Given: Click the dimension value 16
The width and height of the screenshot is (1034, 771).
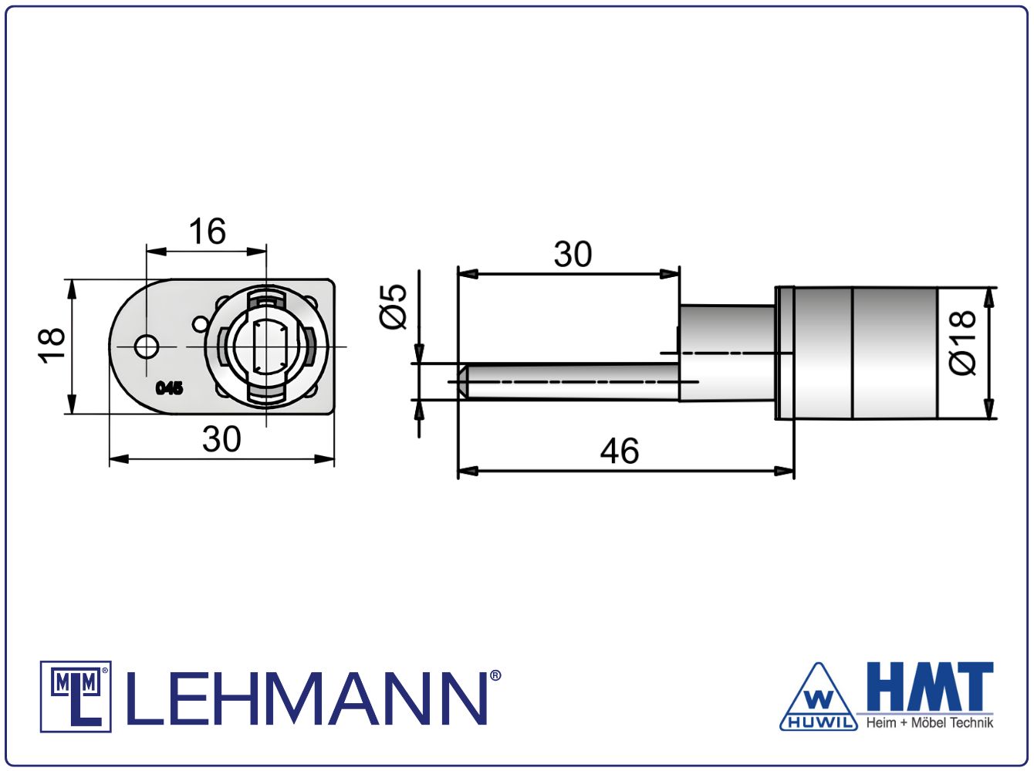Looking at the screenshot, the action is tap(208, 232).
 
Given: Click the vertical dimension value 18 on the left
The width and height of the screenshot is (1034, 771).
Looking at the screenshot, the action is tap(52, 345).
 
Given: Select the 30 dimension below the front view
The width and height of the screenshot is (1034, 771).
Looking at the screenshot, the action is tap(221, 439).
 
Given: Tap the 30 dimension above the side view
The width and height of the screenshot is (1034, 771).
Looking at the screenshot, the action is tap(573, 255).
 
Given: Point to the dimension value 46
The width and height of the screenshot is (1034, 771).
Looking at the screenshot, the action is tap(620, 451).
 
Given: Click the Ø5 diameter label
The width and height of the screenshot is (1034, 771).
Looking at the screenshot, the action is tap(393, 306).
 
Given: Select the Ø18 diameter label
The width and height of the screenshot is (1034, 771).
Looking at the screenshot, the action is tap(962, 343).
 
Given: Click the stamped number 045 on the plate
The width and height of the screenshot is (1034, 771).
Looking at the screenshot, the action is tap(170, 388).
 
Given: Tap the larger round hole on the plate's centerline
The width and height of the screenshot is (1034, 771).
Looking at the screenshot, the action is tap(147, 347).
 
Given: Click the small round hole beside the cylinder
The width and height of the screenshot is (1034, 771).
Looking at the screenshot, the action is tap(200, 324).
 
